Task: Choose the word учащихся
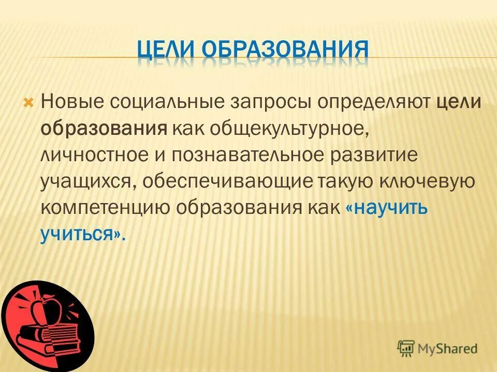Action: tap(90, 181)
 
